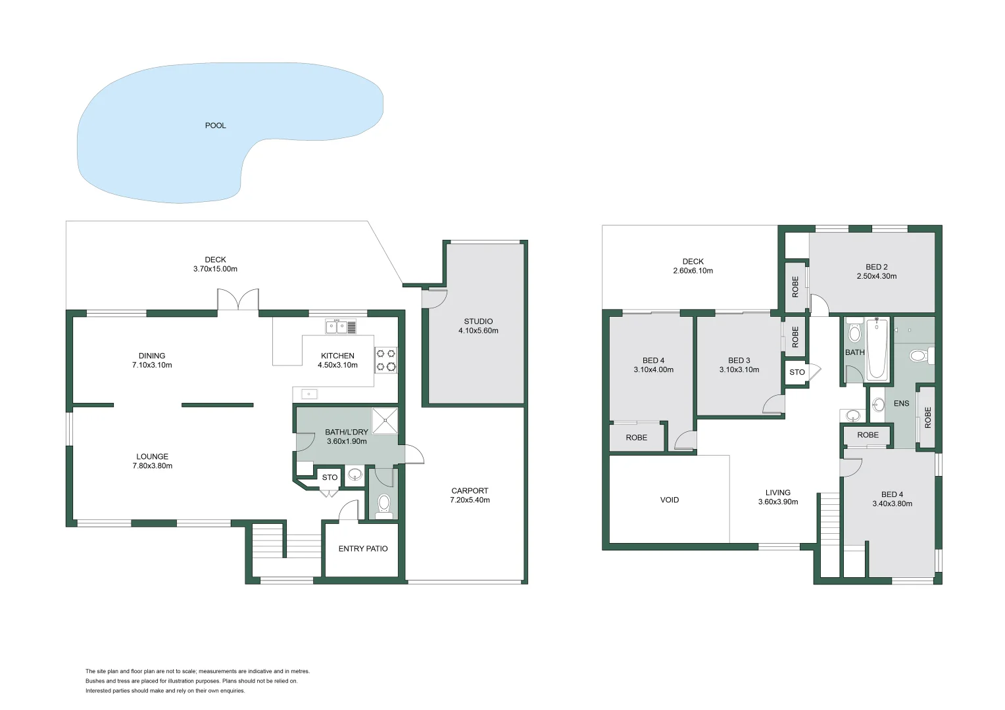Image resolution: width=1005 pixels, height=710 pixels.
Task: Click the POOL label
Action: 215,126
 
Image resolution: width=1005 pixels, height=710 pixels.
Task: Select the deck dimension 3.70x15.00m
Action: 215,269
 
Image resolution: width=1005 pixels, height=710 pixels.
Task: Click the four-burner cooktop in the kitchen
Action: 386,360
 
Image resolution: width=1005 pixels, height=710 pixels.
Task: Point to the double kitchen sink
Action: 341,326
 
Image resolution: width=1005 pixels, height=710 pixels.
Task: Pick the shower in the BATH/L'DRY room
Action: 385,421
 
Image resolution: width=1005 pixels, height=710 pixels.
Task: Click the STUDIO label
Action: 478,321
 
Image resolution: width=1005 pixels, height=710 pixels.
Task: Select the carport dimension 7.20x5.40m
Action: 470,500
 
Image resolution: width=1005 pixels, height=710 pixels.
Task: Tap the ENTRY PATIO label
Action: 363,548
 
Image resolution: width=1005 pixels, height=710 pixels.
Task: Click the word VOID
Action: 670,500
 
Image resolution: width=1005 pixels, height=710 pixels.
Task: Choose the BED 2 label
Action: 876,267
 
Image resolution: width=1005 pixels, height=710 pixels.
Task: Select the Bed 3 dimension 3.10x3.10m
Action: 739,369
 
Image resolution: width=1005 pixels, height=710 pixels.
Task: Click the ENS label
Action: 901,403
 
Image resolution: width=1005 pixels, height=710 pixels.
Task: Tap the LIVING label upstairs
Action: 777,492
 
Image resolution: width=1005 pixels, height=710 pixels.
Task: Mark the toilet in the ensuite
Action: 918,356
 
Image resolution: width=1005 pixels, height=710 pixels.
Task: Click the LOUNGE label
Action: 152,456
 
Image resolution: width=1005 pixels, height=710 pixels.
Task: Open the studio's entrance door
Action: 434,297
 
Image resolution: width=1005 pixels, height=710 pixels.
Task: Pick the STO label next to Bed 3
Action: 797,372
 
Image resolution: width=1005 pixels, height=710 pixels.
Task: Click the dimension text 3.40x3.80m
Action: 892,504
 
